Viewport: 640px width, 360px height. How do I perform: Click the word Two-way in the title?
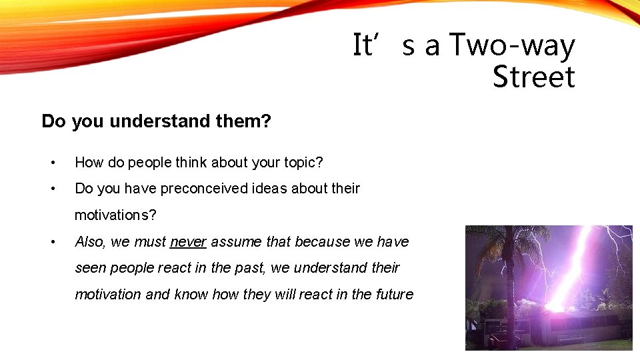coord(511,45)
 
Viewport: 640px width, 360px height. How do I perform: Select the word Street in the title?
coord(533,77)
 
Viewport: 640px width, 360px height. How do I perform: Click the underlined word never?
coord(188,241)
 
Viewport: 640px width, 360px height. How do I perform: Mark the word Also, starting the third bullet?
coord(91,241)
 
